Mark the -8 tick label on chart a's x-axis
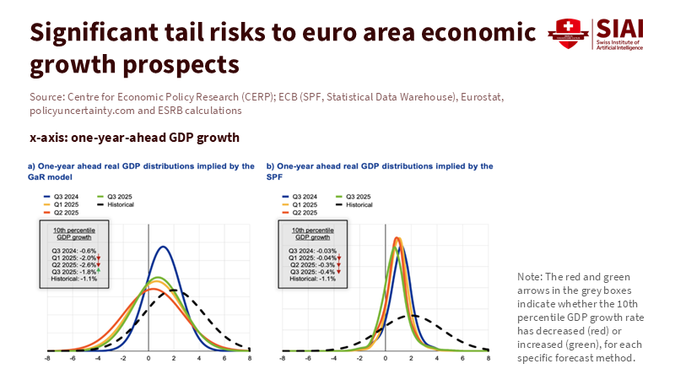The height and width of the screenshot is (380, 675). pyautogui.click(x=47, y=358)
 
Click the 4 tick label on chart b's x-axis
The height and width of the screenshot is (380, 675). pyautogui.click(x=438, y=358)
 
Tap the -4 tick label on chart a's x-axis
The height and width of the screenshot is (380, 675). pyautogui.click(x=98, y=358)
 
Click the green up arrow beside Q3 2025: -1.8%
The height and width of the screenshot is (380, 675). pyautogui.click(x=98, y=270)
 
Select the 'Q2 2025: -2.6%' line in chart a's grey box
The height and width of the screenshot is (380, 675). pyautogui.click(x=72, y=263)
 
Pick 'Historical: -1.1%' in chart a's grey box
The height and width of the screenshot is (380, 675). pyautogui.click(x=72, y=277)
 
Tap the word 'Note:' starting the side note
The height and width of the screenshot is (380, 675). pyautogui.click(x=529, y=278)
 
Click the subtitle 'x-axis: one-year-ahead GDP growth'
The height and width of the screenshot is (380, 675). pyautogui.click(x=135, y=137)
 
